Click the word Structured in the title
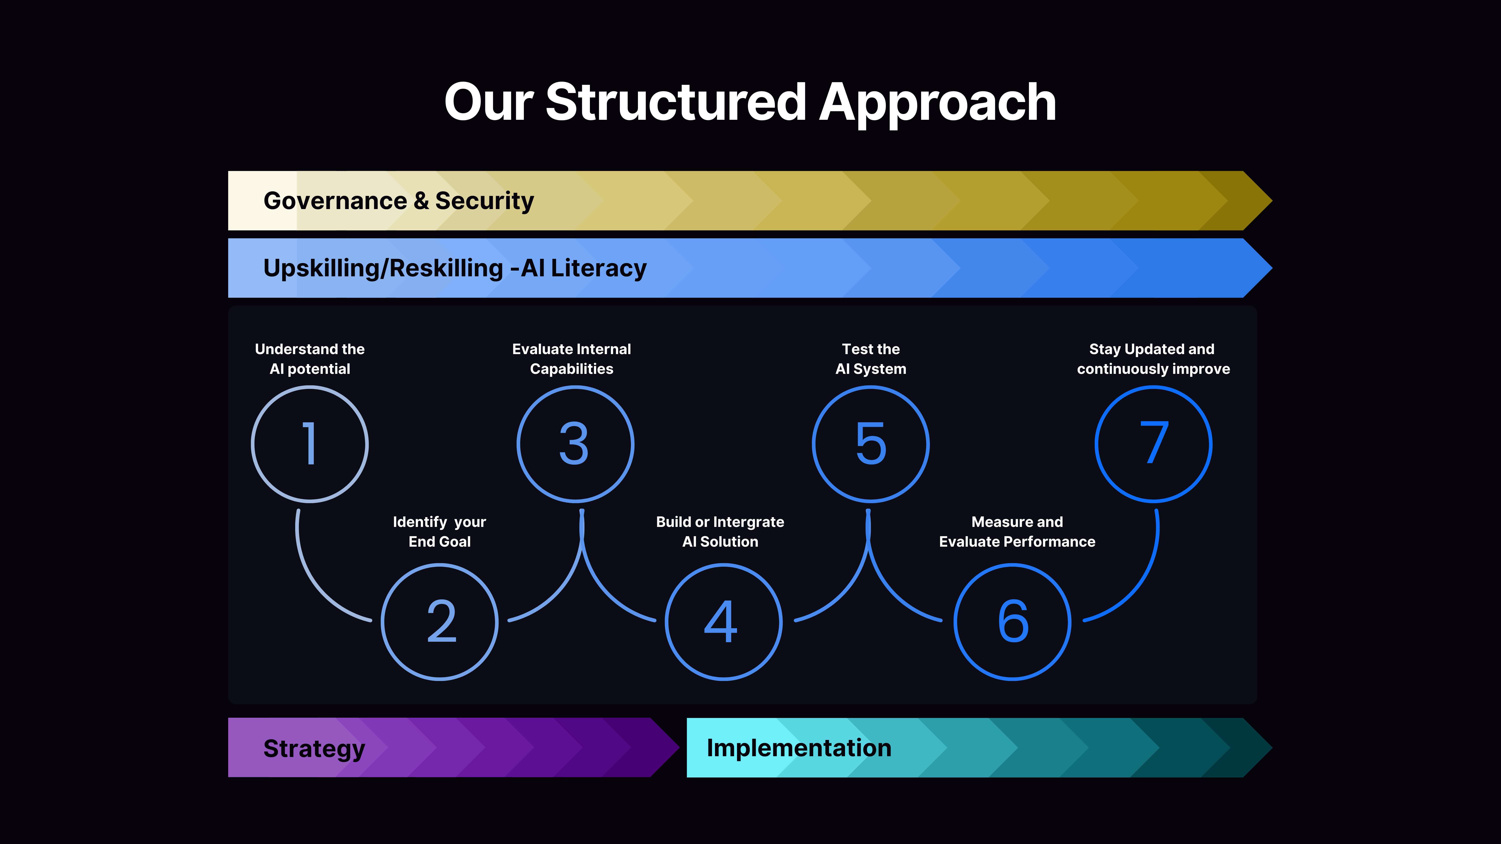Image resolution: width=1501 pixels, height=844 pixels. [x=676, y=103]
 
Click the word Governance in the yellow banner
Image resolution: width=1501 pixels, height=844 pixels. [x=335, y=201]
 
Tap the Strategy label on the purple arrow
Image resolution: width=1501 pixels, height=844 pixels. [x=314, y=748]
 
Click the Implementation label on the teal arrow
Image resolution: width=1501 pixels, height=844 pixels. [x=799, y=748]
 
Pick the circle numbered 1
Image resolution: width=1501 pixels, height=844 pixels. [x=310, y=444]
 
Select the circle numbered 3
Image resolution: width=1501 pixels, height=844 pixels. [x=575, y=444]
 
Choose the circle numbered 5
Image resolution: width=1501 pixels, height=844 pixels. [x=871, y=444]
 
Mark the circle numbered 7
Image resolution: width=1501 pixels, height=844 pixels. [x=1153, y=444]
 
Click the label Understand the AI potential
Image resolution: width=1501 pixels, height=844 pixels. [x=310, y=359]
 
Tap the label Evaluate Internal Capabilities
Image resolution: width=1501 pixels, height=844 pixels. [x=572, y=359]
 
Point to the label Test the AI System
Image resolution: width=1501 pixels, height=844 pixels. [x=871, y=359]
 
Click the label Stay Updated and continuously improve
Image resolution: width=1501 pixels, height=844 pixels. [x=1153, y=359]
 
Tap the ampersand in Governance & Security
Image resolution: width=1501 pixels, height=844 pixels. [x=421, y=201]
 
